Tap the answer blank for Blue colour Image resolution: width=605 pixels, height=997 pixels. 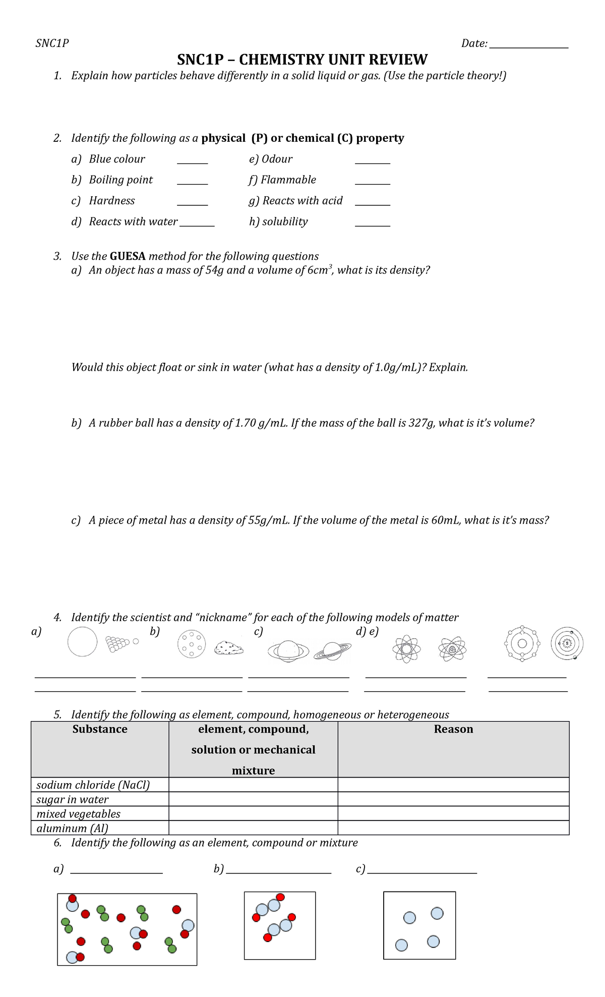click(192, 161)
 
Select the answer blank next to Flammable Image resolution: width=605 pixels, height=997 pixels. click(372, 182)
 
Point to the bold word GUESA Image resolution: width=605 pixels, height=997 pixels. click(128, 256)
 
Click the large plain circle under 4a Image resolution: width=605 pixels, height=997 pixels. click(82, 641)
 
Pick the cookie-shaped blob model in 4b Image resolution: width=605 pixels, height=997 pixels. click(229, 648)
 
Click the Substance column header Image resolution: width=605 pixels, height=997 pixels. click(100, 730)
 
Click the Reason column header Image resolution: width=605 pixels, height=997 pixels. click(453, 730)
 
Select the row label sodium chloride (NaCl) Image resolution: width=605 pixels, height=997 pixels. click(93, 785)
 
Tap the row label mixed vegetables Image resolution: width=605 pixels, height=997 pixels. click(79, 814)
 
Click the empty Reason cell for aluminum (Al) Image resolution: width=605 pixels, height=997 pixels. click(453, 828)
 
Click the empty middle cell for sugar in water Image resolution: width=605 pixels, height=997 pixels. click(253, 799)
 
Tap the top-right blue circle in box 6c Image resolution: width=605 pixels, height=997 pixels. click(437, 913)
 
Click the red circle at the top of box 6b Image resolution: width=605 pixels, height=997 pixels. click(280, 897)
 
